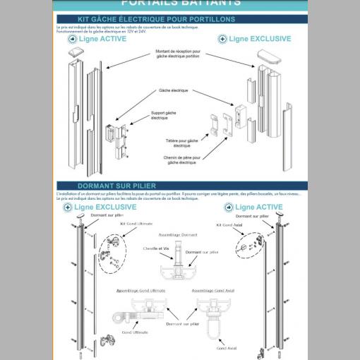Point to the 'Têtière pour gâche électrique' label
point(186,143)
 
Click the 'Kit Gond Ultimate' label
point(136,224)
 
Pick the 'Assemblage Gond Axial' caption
point(213,290)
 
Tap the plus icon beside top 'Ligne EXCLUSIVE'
point(223,39)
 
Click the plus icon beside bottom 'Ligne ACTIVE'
point(228,207)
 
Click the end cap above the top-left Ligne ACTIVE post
point(76,51)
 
